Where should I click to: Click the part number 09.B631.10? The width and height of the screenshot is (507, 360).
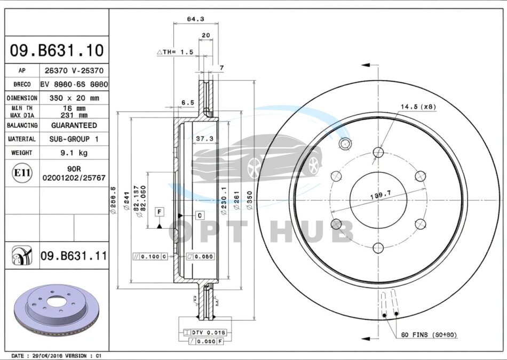(57, 51)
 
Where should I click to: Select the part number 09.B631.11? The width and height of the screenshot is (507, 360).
(74, 257)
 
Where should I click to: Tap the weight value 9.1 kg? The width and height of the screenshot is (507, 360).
(74, 153)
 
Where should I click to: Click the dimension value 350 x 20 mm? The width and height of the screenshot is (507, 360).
(74, 98)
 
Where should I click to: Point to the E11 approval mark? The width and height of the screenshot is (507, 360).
(22, 172)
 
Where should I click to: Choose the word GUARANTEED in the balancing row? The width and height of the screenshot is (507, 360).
(74, 125)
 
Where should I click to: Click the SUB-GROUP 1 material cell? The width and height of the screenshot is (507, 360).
(74, 139)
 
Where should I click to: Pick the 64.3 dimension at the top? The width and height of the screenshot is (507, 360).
(195, 19)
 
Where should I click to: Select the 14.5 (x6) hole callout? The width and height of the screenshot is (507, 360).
(418, 107)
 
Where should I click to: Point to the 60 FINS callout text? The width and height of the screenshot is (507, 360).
(429, 334)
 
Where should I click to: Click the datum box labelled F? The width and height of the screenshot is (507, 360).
(159, 212)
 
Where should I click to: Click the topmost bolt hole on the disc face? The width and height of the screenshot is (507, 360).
(378, 152)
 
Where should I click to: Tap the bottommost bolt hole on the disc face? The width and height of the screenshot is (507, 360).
(378, 247)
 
